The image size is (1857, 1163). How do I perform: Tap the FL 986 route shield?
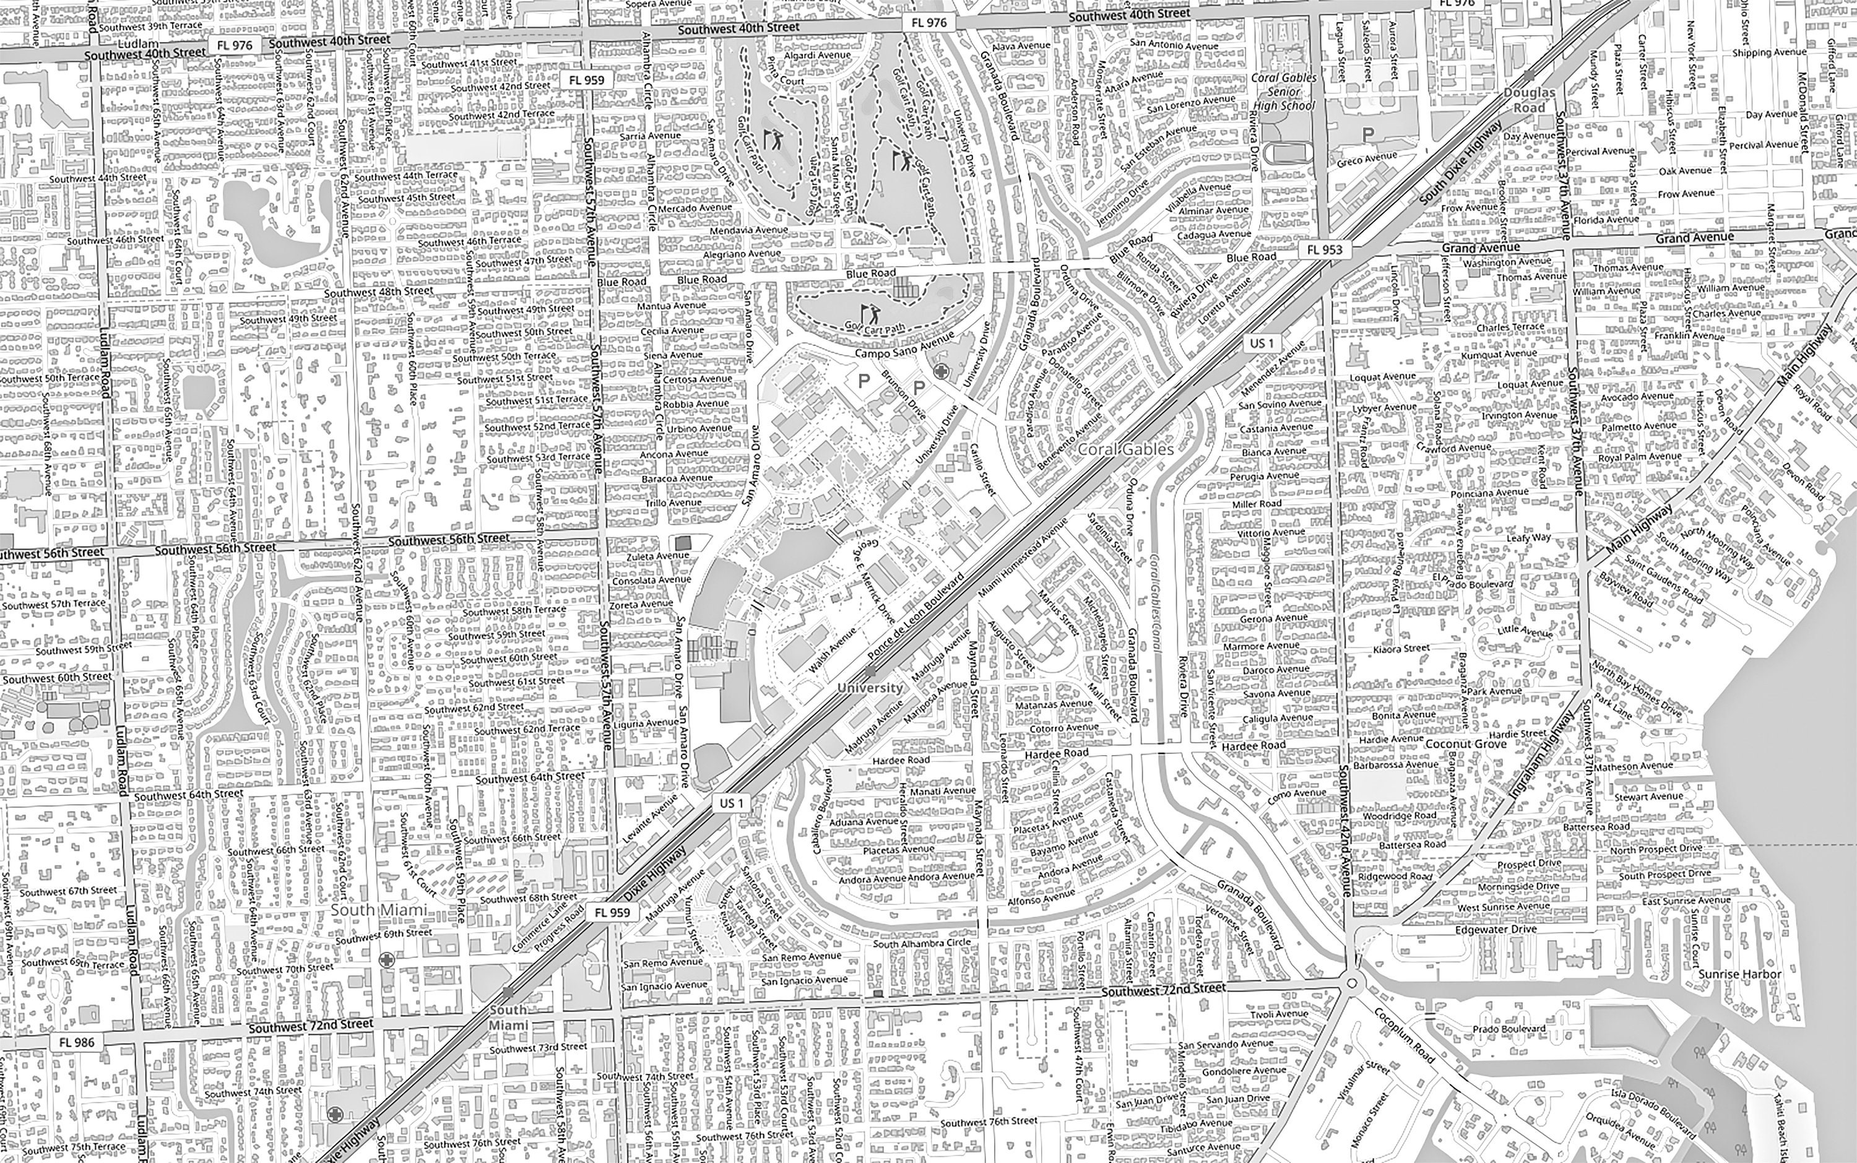pyautogui.click(x=76, y=1042)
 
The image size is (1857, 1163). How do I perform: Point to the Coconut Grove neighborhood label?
pyautogui.click(x=1465, y=744)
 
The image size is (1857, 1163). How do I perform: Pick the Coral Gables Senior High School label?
pyautogui.click(x=1283, y=92)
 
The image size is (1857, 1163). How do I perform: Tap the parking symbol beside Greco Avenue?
pyautogui.click(x=1367, y=134)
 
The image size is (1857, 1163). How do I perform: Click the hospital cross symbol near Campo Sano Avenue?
pyautogui.click(x=940, y=372)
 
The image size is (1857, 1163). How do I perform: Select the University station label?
pyautogui.click(x=868, y=688)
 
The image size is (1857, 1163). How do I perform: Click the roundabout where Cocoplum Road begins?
pyautogui.click(x=1352, y=982)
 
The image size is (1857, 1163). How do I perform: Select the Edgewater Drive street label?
pyautogui.click(x=1496, y=929)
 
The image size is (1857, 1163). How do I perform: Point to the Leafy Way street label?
pyautogui.click(x=1528, y=538)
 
